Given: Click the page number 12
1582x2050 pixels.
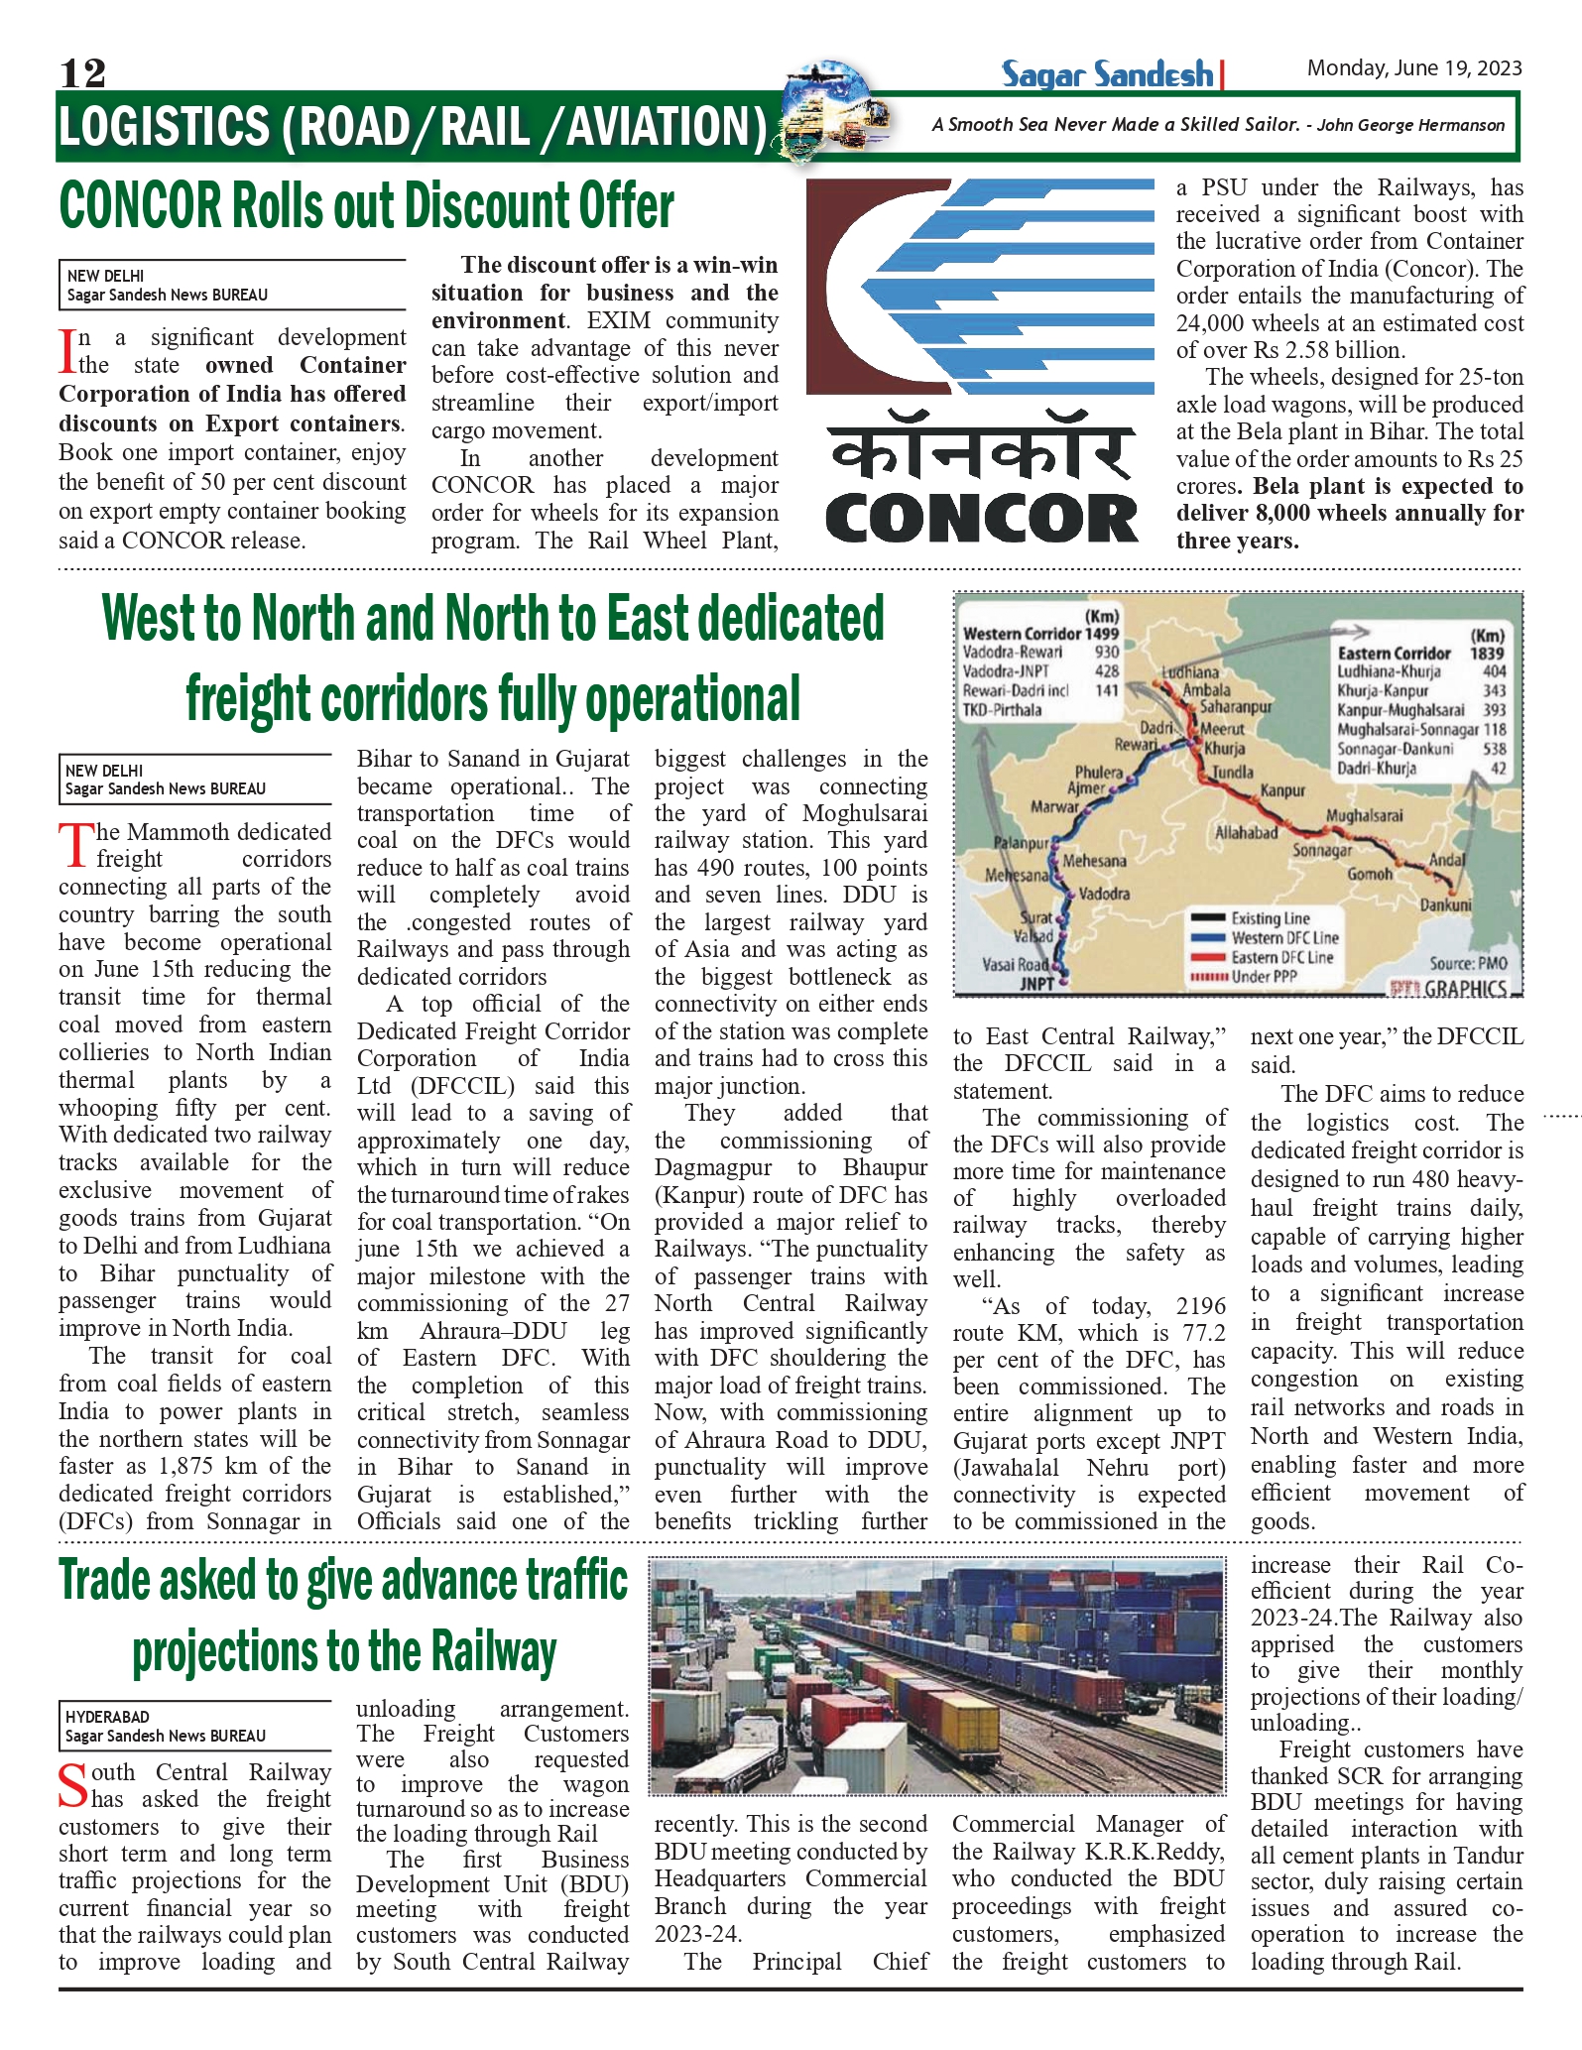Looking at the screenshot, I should click(x=82, y=72).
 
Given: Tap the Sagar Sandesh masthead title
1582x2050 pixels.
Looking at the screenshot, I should click(x=1107, y=74).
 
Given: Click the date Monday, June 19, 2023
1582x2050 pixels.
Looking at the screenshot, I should click(x=1413, y=67).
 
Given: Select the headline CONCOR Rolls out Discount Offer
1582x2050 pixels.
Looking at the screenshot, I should click(x=366, y=206).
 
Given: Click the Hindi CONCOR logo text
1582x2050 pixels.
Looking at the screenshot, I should click(x=981, y=455).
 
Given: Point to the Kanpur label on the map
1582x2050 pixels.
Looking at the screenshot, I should click(x=1281, y=790).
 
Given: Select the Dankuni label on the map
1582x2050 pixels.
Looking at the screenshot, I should click(x=1445, y=904).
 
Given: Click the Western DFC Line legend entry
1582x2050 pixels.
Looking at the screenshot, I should click(x=1284, y=937).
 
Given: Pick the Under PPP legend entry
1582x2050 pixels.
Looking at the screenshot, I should click(x=1264, y=976).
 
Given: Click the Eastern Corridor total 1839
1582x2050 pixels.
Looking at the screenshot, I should click(x=1487, y=653).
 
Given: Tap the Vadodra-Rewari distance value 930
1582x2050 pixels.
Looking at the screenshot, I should click(x=1106, y=652).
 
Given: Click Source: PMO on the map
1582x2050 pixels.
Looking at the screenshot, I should click(x=1468, y=963).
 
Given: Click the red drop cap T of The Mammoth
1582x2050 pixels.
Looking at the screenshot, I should click(x=75, y=846).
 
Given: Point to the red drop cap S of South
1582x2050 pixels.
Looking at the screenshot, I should click(x=73, y=1785).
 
